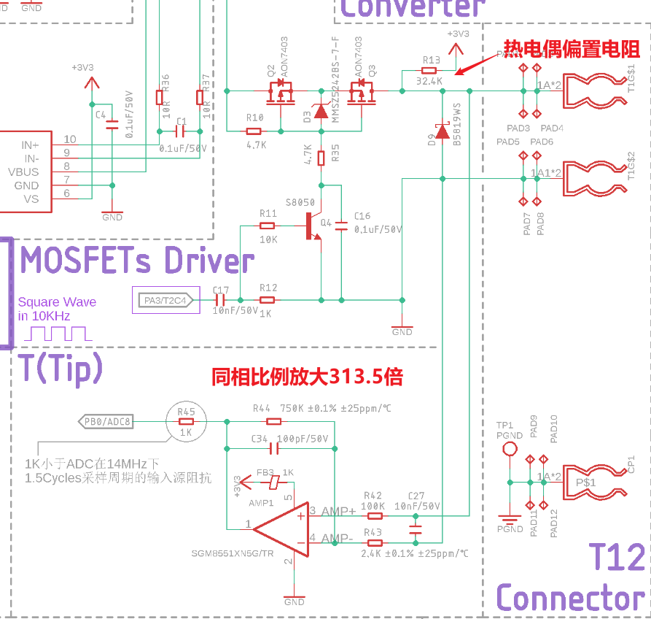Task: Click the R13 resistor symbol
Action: (429, 71)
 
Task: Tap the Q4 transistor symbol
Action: (313, 226)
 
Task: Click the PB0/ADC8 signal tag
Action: (106, 421)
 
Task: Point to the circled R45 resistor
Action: (186, 421)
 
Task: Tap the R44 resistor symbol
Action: (274, 421)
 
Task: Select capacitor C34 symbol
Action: (274, 447)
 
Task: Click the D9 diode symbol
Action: (443, 132)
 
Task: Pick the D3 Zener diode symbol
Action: (320, 112)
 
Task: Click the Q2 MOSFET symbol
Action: (280, 92)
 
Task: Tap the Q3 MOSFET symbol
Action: (359, 92)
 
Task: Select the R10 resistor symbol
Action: (254, 131)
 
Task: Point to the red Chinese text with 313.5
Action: (307, 377)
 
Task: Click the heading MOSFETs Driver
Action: (138, 261)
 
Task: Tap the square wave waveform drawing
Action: (58, 334)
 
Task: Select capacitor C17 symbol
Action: (220, 299)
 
